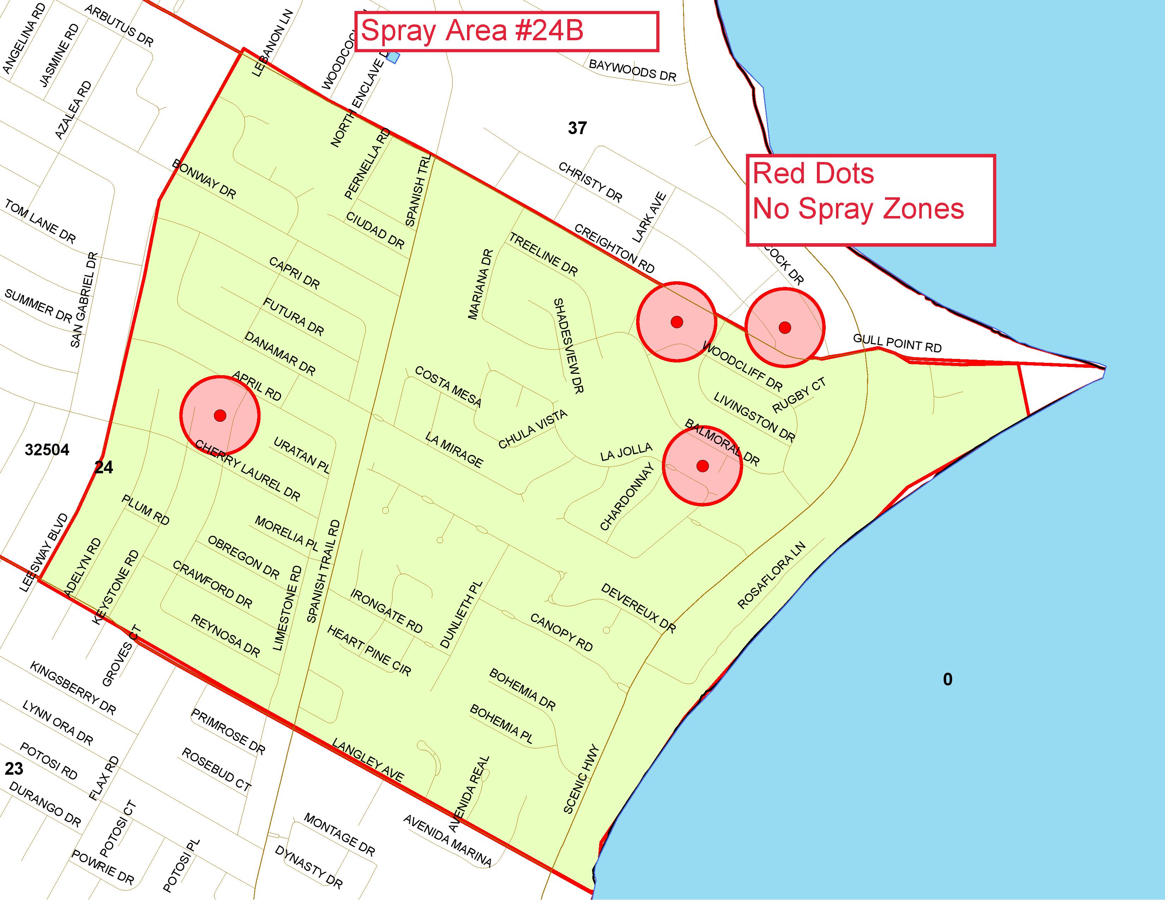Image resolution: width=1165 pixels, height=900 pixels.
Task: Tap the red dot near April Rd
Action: (220, 415)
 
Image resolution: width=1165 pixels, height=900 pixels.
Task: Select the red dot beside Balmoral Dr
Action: (703, 466)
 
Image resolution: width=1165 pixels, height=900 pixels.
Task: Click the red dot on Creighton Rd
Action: (676, 322)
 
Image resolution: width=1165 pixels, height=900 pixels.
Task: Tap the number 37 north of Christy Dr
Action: (577, 128)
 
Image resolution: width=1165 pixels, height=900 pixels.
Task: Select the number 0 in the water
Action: (948, 679)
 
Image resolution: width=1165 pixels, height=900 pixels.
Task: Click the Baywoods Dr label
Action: (632, 70)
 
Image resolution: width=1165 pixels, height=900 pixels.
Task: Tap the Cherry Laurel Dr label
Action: (247, 470)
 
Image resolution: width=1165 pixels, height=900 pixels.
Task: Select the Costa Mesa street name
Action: (448, 386)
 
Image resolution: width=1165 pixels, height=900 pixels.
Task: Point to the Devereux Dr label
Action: (638, 608)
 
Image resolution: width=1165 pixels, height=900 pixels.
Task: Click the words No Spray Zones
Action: (858, 209)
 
